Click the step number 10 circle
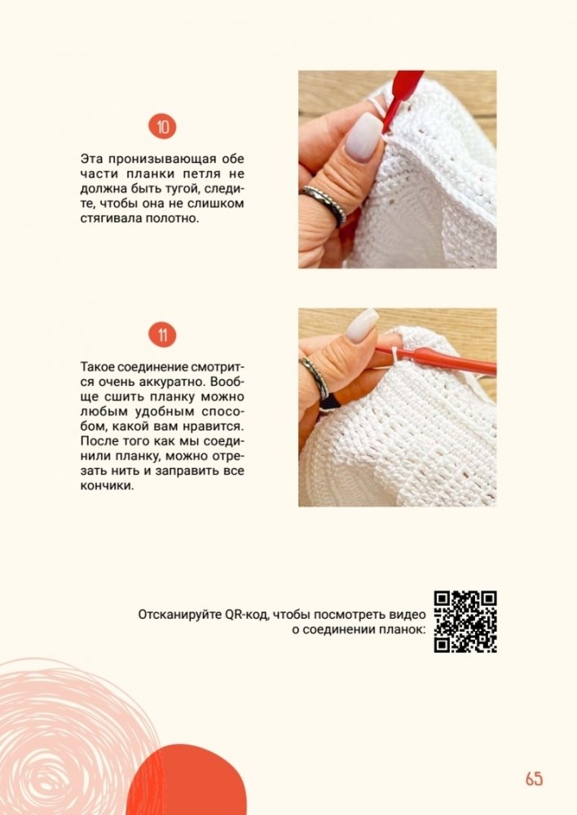[x=163, y=127]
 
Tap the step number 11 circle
[x=163, y=335]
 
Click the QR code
[x=465, y=622]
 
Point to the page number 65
[x=534, y=778]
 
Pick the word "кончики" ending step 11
[x=107, y=486]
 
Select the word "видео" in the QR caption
[x=407, y=615]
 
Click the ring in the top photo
[x=324, y=205]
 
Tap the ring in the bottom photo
[x=314, y=378]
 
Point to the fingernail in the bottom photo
[x=363, y=325]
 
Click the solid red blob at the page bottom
[x=187, y=780]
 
